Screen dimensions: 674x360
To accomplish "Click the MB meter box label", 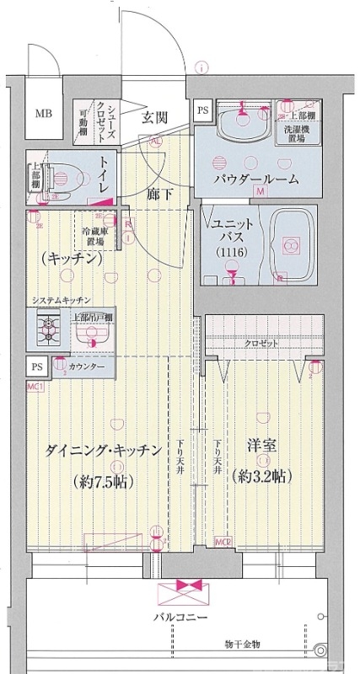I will pyautogui.click(x=42, y=113).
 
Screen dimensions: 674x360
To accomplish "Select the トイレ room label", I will pyautogui.click(x=104, y=175).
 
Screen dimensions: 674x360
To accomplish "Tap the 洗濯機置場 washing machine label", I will pyautogui.click(x=299, y=134).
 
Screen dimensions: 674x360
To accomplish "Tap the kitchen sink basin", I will pyautogui.click(x=89, y=334).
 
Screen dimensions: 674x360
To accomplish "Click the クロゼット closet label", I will pyautogui.click(x=263, y=345).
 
